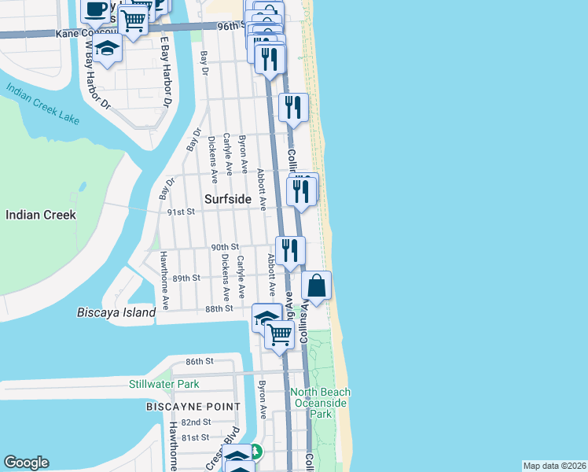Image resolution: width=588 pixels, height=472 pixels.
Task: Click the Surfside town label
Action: (x=228, y=200)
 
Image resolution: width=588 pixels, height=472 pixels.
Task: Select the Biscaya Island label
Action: (x=116, y=312)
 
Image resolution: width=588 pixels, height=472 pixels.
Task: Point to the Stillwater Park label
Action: (x=164, y=385)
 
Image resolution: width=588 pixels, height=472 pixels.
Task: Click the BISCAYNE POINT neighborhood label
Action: (x=193, y=407)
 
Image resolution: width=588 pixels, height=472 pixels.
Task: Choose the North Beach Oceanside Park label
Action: (x=321, y=402)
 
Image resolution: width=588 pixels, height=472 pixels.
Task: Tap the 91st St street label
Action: (x=179, y=212)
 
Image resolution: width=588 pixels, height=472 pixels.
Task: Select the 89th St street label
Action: (x=187, y=278)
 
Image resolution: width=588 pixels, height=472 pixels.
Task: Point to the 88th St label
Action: (x=219, y=309)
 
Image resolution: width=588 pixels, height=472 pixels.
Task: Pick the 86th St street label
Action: (x=200, y=361)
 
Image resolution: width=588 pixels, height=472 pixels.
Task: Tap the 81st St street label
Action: (x=195, y=437)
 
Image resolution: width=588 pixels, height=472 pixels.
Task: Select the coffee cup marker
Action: (x=96, y=10)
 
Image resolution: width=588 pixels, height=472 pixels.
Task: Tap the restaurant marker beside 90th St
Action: (x=290, y=250)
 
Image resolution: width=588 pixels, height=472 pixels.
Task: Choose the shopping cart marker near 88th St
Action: (x=279, y=334)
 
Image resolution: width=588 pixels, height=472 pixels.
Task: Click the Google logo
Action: (x=26, y=463)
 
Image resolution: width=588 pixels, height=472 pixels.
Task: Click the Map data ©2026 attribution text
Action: (x=554, y=466)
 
